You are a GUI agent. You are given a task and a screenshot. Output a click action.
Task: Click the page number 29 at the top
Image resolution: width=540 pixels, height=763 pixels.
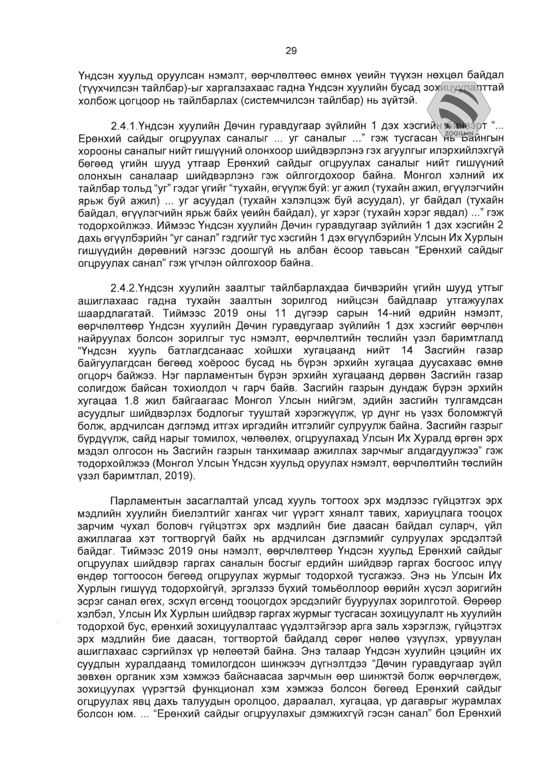coord(291,51)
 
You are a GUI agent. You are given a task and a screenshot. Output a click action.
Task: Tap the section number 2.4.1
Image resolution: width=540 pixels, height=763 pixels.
coord(124,126)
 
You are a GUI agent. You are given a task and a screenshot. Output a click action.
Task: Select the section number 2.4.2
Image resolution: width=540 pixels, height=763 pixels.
coord(124,288)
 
